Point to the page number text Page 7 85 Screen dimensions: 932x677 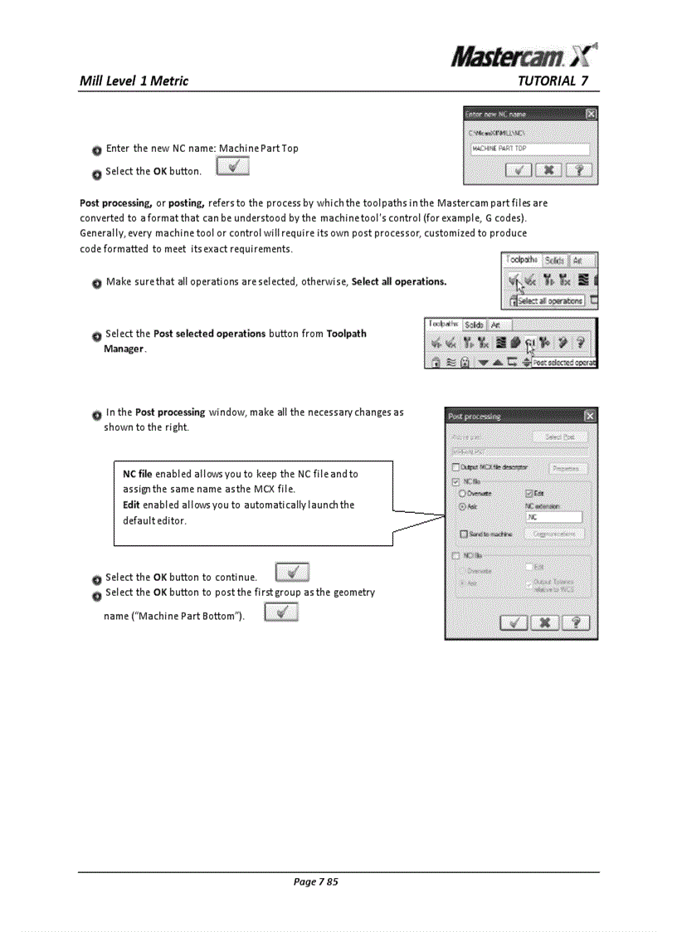(x=316, y=881)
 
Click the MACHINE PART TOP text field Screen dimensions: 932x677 (x=528, y=149)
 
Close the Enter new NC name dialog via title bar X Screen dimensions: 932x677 (x=590, y=114)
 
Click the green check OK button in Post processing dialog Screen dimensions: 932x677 (x=514, y=622)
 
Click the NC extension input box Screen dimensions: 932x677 (x=553, y=517)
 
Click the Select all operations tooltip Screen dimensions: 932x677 (x=551, y=300)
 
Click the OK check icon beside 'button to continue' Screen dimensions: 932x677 (x=291, y=573)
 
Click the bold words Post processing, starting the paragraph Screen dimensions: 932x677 (x=114, y=203)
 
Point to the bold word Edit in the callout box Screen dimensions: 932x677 (x=131, y=505)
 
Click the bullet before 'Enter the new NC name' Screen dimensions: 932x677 (x=97, y=150)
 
